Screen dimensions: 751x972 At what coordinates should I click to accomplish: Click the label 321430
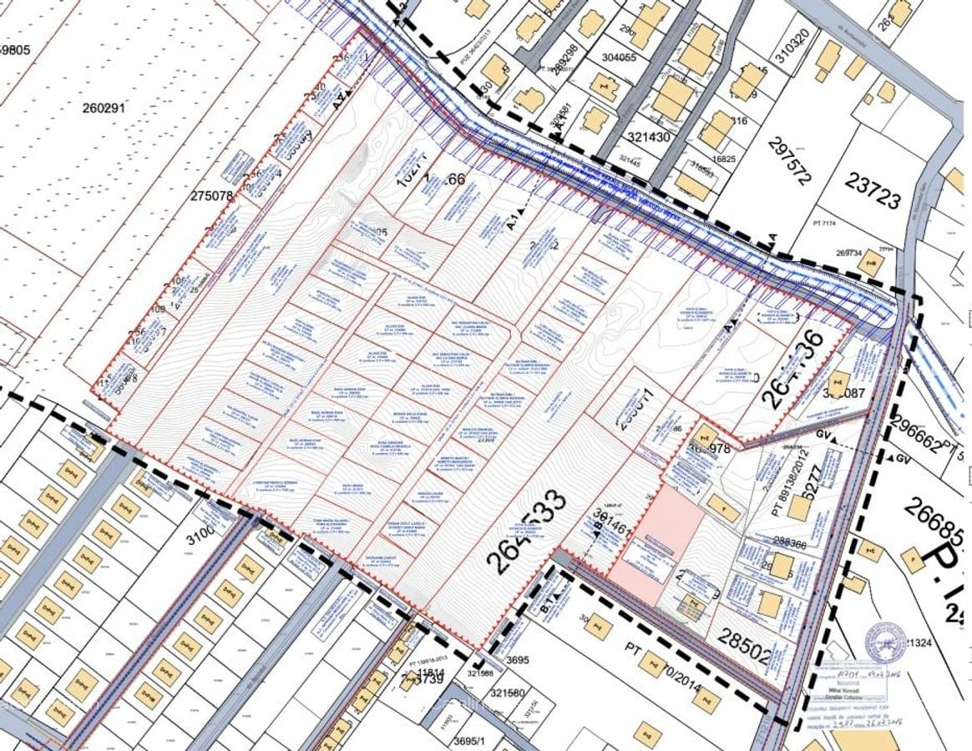pos(648,137)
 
